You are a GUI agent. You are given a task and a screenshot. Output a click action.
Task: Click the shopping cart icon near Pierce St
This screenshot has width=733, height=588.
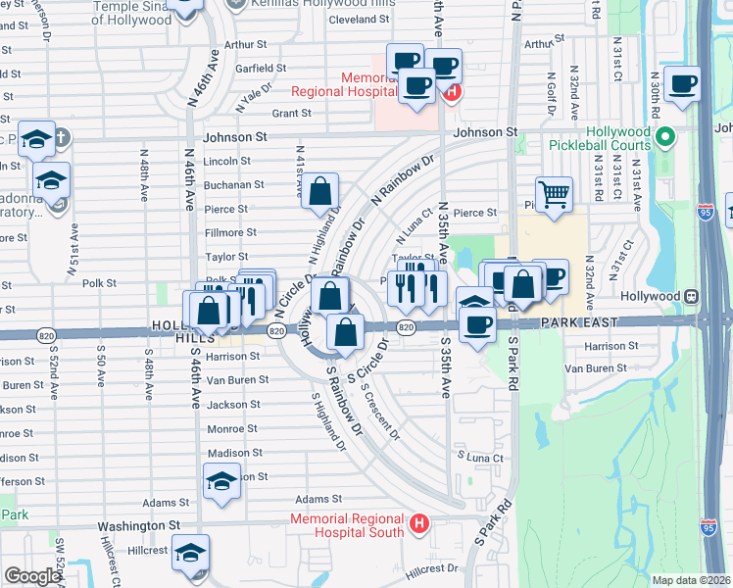tap(554, 195)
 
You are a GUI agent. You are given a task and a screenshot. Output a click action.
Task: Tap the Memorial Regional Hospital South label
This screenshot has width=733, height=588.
tap(346, 525)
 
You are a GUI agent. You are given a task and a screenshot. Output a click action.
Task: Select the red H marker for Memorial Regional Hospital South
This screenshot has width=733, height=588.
tap(419, 524)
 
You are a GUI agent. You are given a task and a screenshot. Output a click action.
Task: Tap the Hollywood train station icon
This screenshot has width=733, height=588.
tap(691, 295)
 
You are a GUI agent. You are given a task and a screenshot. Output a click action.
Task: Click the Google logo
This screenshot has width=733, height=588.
tap(31, 576)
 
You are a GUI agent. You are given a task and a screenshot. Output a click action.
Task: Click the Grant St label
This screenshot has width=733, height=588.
tap(291, 113)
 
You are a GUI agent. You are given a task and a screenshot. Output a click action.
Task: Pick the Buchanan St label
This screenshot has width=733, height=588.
tap(233, 184)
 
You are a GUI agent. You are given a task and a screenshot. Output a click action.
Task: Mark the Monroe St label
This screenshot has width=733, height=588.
tap(232, 428)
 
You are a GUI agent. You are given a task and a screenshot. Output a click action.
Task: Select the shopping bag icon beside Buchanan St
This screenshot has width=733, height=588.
tap(320, 191)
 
